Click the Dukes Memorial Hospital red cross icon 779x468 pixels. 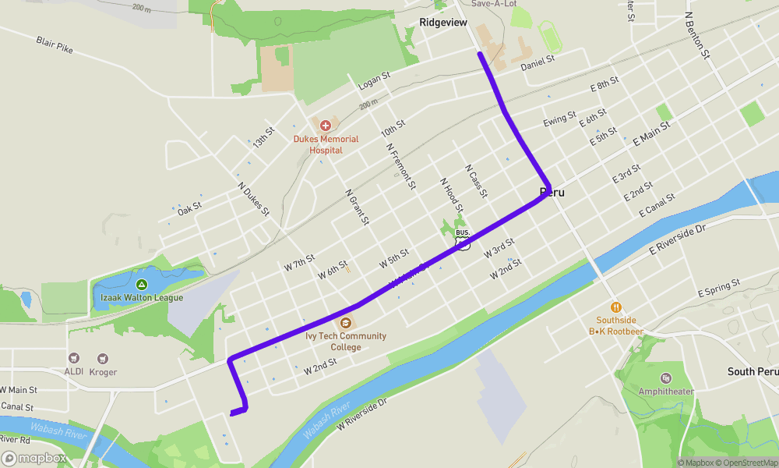point(326,125)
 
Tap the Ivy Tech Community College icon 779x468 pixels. point(346,322)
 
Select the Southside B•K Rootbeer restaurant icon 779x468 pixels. point(616,307)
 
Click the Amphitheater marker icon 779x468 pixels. point(666,378)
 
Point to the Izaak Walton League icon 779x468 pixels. point(142,284)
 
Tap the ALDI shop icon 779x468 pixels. point(75,359)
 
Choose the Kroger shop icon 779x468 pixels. point(102,359)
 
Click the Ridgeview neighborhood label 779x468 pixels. point(443,23)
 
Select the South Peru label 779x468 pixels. point(753,371)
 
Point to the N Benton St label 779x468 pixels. point(697,36)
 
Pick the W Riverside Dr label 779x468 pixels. point(361,415)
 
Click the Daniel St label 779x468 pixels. point(538,60)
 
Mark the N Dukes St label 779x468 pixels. point(254,198)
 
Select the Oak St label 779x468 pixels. point(189,208)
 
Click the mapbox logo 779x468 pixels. point(34,458)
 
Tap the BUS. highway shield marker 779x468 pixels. point(463,239)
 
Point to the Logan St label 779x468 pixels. point(373,80)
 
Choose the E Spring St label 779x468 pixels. point(719,289)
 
